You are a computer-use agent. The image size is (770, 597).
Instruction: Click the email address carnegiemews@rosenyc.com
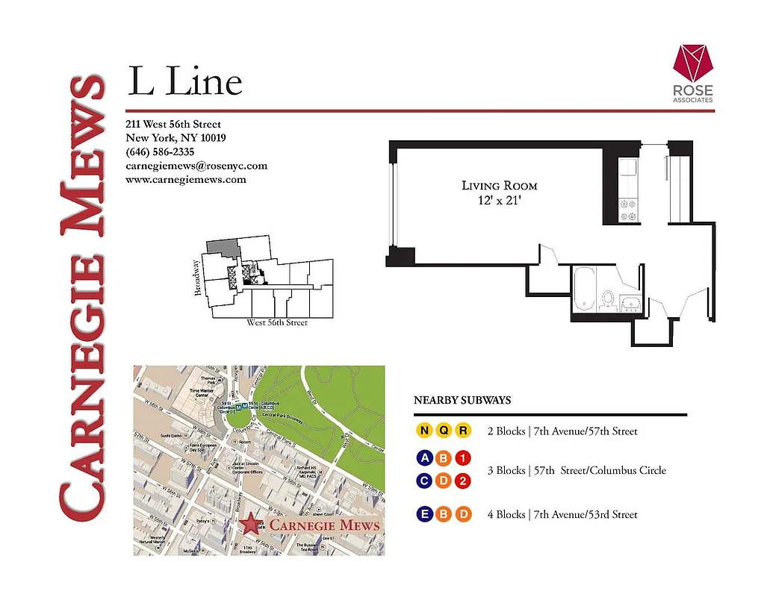point(196,166)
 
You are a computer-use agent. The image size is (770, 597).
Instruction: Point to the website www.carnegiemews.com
point(186,180)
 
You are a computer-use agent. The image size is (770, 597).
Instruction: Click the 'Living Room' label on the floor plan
point(499,186)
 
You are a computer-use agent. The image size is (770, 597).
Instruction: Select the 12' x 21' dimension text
point(499,200)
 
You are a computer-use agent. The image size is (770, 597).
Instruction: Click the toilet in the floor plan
point(608,299)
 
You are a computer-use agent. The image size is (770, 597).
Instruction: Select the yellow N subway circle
point(424,431)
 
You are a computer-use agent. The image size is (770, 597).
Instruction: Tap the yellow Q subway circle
point(444,431)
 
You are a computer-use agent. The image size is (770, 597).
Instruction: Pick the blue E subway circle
point(424,514)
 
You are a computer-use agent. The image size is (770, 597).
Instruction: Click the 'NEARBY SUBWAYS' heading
point(462,401)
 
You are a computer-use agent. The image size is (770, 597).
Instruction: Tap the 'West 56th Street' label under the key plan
point(276,323)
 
